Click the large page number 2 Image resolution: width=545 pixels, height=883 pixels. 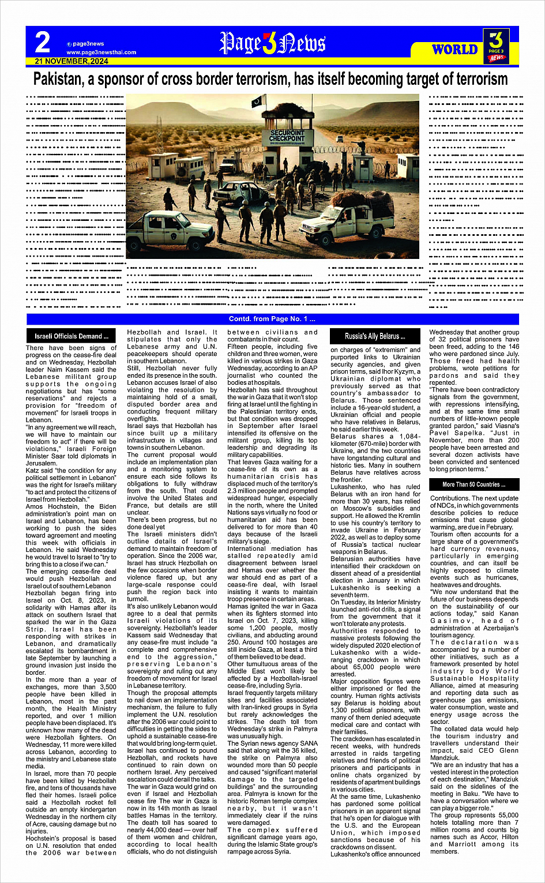click(43, 43)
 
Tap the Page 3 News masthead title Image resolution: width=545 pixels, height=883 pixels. click(273, 43)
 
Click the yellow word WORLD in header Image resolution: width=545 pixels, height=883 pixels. click(454, 50)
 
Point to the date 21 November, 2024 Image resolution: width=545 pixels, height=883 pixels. click(71, 61)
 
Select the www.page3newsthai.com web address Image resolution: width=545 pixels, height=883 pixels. click(102, 52)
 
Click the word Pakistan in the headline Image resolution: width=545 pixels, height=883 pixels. click(58, 79)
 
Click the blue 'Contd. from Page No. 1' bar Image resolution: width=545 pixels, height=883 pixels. click(272, 319)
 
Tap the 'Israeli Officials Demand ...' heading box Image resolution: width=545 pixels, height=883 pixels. click(72, 336)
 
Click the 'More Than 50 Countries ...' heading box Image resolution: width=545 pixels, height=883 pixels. click(473, 484)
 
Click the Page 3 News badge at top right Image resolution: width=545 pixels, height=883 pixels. click(497, 46)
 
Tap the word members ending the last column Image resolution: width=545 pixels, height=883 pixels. click(444, 851)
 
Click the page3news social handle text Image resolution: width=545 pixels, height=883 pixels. click(88, 44)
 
